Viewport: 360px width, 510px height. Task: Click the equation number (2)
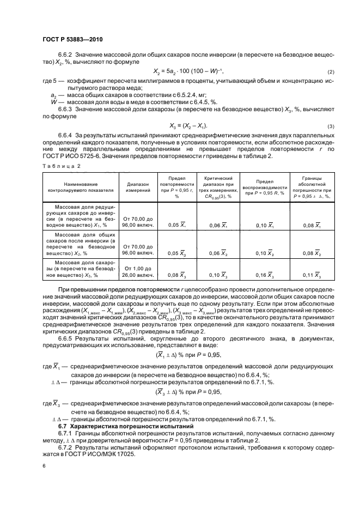pos(330,72)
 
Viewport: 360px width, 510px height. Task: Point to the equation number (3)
pos(330,126)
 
